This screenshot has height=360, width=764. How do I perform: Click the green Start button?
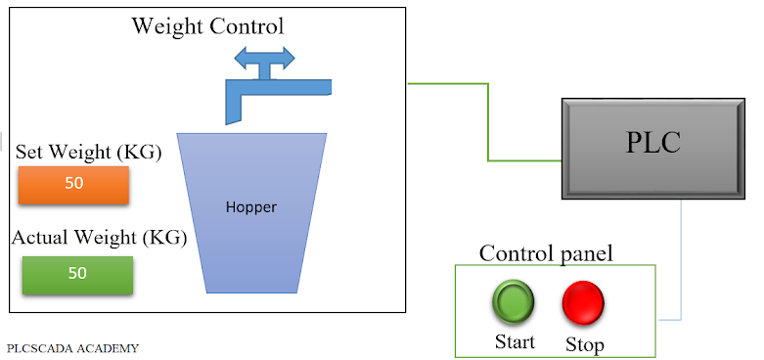pos(513,302)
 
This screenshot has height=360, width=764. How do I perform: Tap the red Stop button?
pos(583,302)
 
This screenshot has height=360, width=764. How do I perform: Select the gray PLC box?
pos(652,146)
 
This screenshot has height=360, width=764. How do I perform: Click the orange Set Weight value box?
pos(74,184)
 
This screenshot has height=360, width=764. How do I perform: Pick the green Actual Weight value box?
pos(77,274)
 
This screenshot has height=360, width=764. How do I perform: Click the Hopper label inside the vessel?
pos(251,207)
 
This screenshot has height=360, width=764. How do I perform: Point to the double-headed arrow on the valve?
pos(264,58)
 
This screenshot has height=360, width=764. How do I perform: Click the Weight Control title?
pos(207,25)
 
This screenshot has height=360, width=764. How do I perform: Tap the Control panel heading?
pos(546,253)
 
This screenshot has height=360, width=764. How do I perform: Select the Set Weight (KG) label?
pos(89,153)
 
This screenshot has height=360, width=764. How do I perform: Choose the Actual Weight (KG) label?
pos(99,237)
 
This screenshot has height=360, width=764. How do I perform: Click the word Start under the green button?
pos(515,342)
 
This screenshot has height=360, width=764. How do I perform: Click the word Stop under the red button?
pos(584,344)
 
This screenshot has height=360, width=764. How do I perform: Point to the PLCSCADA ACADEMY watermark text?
pos(72,347)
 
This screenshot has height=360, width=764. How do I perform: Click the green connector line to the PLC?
pos(487,122)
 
